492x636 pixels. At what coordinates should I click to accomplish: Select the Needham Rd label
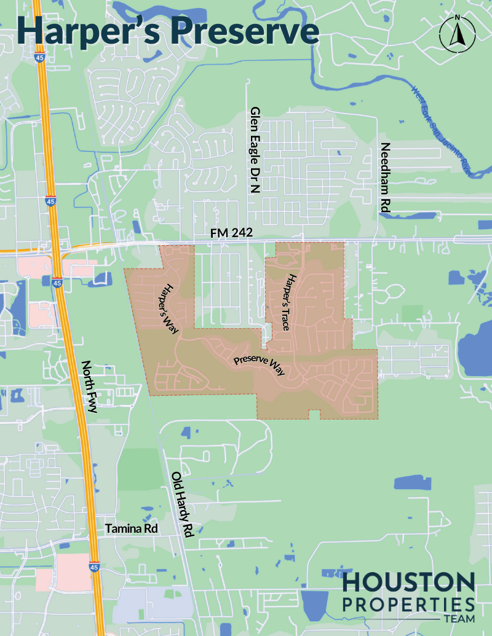pyautogui.click(x=386, y=178)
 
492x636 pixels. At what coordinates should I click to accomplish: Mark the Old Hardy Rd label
pyautogui.click(x=183, y=505)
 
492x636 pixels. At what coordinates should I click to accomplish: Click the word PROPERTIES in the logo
pyautogui.click(x=408, y=603)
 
